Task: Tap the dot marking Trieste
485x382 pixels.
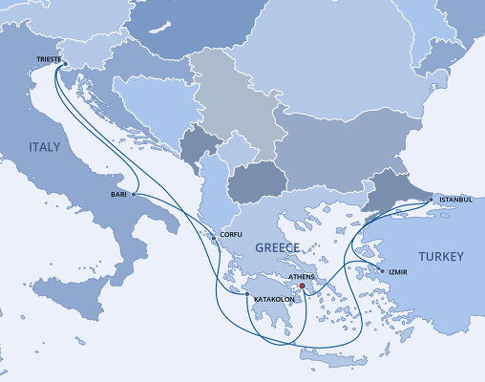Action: [65, 64]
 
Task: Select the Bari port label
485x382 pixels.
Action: [118, 194]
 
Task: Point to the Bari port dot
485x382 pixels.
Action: [133, 194]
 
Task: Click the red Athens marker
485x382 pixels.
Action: [302, 285]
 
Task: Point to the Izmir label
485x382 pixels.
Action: [398, 272]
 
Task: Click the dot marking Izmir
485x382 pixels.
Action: [383, 272]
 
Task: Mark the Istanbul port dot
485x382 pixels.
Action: [433, 201]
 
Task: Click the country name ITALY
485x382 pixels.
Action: [44, 147]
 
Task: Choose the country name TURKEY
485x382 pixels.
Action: [440, 257]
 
